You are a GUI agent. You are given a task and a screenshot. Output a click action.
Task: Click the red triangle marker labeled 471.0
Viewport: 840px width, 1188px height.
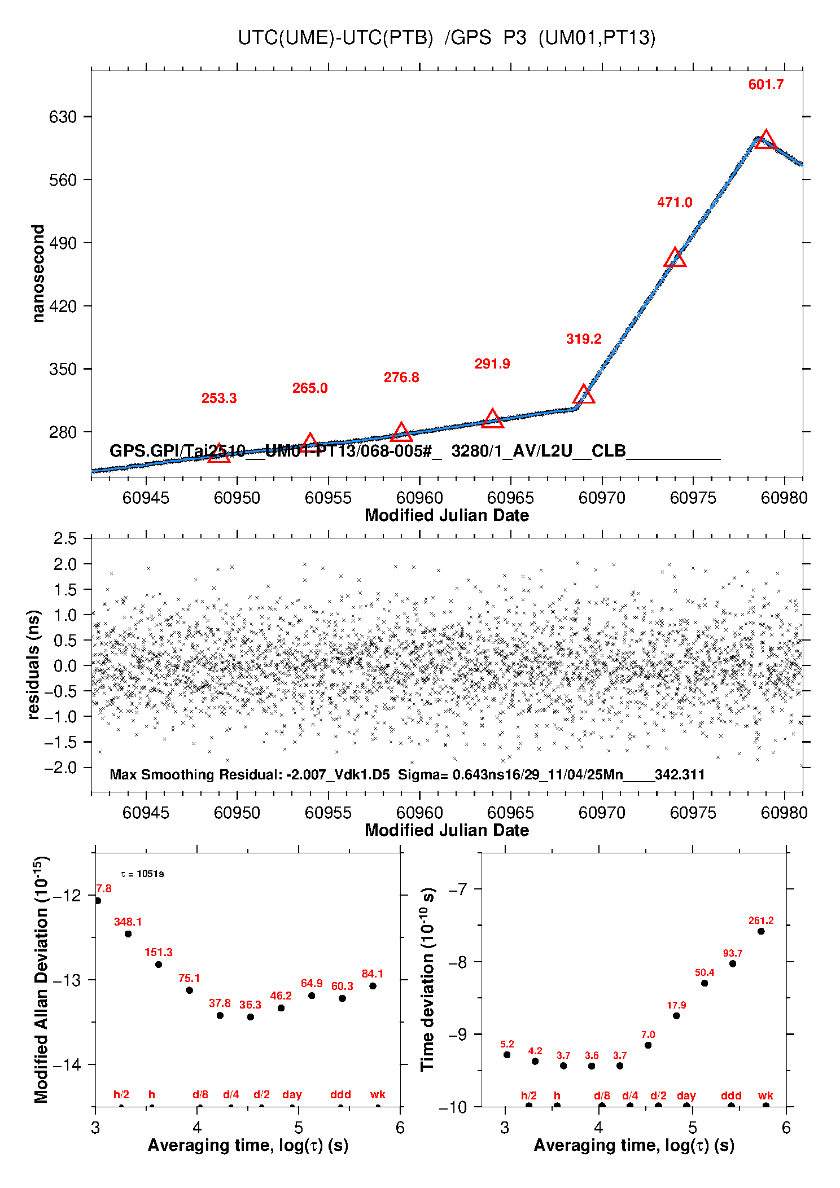675,258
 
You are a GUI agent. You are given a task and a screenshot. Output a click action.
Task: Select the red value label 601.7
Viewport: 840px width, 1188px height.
765,85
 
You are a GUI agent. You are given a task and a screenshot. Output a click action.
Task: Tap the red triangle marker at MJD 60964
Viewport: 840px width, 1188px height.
492,419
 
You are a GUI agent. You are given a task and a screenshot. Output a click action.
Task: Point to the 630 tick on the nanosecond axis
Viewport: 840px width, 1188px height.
63,117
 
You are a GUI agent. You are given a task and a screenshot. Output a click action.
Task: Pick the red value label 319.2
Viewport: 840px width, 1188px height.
584,339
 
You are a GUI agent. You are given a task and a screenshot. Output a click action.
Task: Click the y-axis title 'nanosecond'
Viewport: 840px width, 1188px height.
38,274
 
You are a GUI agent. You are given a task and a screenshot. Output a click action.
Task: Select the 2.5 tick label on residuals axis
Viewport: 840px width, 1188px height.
65,538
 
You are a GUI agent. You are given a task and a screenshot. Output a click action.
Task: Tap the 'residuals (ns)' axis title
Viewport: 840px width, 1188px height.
34,664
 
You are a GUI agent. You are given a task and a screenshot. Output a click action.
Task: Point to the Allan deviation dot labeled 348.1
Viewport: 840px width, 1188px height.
128,934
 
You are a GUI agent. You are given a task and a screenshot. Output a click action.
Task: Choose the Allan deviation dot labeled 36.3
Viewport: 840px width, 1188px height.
251,1017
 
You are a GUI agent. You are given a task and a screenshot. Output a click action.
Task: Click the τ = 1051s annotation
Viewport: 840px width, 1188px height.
142,874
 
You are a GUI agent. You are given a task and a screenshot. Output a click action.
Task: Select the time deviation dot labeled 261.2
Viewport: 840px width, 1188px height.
761,931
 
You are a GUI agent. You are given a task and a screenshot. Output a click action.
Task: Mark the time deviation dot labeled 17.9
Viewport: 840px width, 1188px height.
676,1016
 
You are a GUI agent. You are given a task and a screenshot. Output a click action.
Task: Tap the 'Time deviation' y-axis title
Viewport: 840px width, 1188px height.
427,980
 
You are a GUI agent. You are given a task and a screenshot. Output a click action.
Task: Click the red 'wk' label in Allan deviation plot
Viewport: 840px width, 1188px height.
378,1094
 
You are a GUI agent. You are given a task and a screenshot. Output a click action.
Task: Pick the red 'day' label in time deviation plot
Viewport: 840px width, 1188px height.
686,1095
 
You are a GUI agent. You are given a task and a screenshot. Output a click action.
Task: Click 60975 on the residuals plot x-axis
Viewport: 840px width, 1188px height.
693,813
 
